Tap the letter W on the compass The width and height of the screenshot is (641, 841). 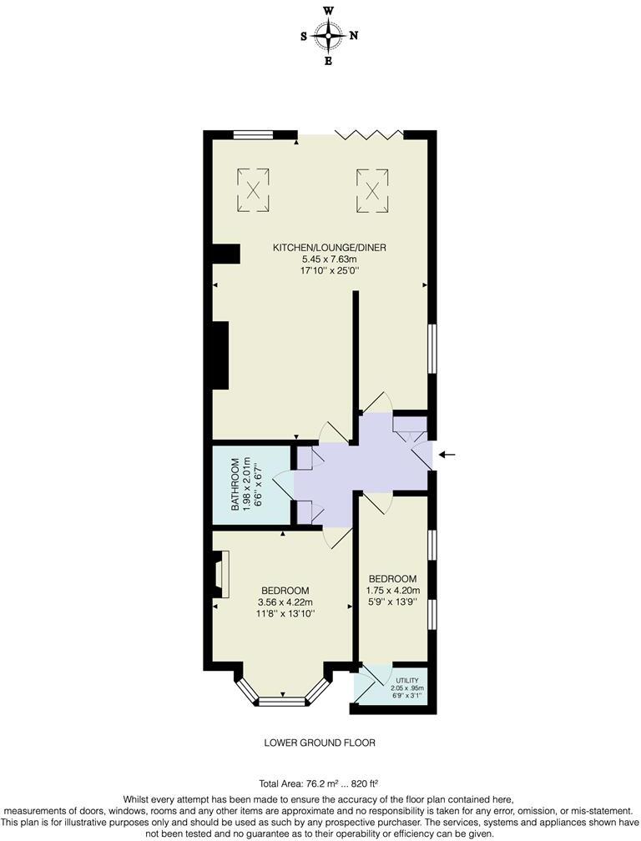click(329, 10)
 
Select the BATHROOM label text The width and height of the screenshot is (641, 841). click(235, 484)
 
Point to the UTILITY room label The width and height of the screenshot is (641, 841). click(407, 681)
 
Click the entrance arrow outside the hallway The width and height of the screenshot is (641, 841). click(447, 454)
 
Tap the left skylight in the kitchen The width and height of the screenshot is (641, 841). click(254, 189)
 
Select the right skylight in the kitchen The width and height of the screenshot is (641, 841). click(372, 189)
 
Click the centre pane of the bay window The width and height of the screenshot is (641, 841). click(282, 703)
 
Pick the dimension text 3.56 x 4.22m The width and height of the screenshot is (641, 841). click(285, 602)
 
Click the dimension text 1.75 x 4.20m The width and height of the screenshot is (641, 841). click(393, 591)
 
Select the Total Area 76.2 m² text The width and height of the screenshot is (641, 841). click(294, 783)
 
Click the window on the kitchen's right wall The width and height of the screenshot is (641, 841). click(432, 349)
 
